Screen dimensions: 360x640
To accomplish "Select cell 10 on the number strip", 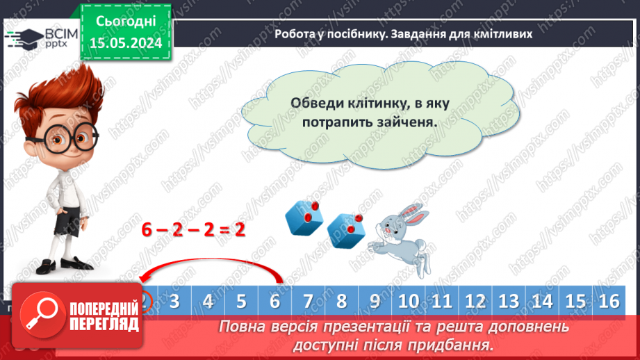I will tap(409, 302).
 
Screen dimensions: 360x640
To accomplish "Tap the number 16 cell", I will tap(608, 302).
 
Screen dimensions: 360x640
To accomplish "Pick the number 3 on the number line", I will tap(174, 302).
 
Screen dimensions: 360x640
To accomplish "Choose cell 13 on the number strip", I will tap(509, 302).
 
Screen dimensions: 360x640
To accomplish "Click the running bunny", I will tap(400, 233).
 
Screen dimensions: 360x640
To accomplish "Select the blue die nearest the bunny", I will tap(345, 229).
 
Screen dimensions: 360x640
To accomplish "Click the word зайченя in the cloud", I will tap(409, 120).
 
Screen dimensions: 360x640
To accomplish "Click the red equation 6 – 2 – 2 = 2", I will tap(194, 229).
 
